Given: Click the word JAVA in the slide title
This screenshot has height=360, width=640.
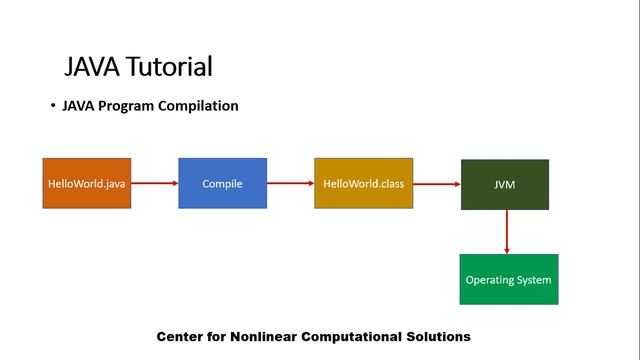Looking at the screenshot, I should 92,67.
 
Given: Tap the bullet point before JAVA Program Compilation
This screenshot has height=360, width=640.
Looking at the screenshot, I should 53,106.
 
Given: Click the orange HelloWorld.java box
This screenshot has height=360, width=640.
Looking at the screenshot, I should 86,183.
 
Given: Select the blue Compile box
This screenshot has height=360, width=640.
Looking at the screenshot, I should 222,183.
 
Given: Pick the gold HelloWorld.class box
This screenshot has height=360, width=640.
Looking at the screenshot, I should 363,183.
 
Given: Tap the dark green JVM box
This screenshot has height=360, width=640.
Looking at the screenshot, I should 504,184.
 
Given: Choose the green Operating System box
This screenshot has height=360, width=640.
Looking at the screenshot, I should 508,279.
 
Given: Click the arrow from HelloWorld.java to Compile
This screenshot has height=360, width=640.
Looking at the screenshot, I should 154,183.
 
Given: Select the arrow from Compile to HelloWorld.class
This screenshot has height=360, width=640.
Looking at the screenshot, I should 290,183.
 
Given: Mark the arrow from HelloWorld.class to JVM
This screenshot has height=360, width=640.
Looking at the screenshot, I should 436,184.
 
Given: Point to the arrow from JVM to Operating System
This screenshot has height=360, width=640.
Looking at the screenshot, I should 508,231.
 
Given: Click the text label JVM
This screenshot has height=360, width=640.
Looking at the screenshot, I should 504,185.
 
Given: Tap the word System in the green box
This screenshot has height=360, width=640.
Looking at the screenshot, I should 532,280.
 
